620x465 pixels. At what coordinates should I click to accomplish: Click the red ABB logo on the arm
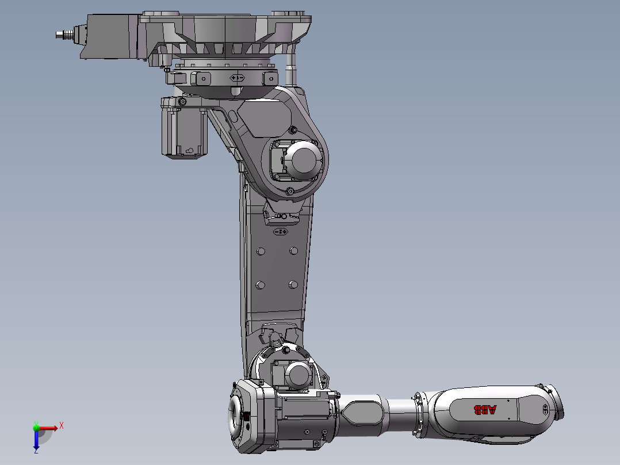(484, 410)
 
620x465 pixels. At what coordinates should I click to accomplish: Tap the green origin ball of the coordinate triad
(36, 428)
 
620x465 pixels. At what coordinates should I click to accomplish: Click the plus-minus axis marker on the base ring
(237, 77)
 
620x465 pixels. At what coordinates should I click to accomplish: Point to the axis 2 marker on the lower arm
(280, 231)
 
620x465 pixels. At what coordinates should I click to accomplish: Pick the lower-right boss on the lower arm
(293, 284)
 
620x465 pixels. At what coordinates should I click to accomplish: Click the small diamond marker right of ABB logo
(544, 410)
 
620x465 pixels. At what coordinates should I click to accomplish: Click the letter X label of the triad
(62, 425)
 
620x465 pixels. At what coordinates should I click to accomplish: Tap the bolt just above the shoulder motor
(292, 129)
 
